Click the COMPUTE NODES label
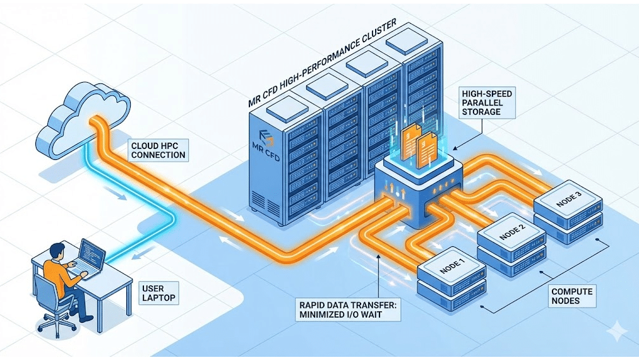coord(573,296)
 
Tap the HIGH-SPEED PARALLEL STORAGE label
coord(488,102)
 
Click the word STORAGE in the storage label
coord(481,112)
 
